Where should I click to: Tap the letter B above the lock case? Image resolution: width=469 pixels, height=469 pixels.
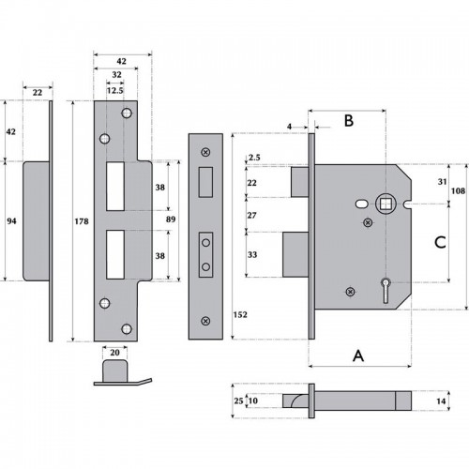[347, 120]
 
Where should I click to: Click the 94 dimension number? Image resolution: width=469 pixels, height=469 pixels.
[10, 220]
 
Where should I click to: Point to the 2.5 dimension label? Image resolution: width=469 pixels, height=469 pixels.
[253, 158]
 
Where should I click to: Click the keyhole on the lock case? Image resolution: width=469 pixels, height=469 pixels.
[386, 285]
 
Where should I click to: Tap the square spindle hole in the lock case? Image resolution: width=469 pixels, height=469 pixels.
[384, 204]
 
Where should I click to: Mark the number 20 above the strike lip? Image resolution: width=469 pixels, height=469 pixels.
[114, 352]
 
